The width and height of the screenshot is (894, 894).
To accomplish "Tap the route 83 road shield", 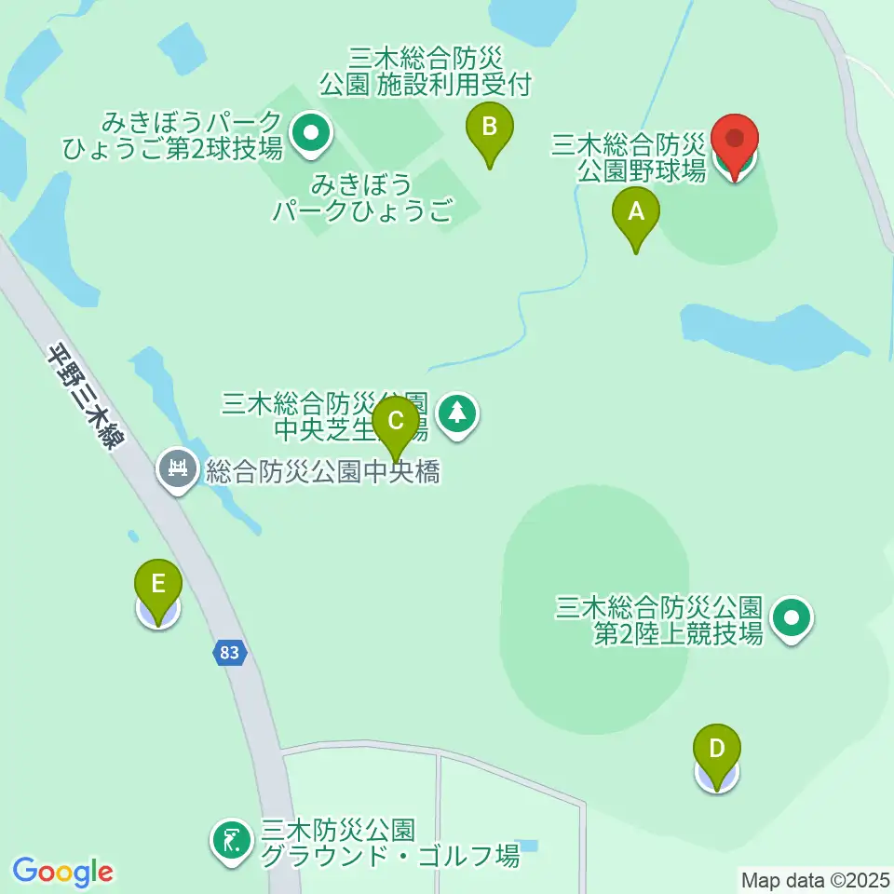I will pyautogui.click(x=229, y=653).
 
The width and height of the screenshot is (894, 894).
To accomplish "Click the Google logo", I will pyautogui.click(x=62, y=871).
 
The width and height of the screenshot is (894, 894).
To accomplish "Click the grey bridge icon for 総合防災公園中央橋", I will pyautogui.click(x=177, y=467).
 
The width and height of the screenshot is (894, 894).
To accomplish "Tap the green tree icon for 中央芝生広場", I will pyautogui.click(x=456, y=413).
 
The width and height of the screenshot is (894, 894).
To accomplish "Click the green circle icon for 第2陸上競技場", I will pyautogui.click(x=792, y=618).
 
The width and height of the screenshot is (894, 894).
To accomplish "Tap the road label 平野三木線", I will pyautogui.click(x=86, y=396).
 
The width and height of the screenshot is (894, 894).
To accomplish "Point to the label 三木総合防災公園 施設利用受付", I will pyautogui.click(x=426, y=72).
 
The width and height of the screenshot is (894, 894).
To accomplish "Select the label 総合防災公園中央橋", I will pyautogui.click(x=322, y=471).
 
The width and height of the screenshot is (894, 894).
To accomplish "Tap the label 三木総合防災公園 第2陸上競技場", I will pyautogui.click(x=660, y=620).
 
